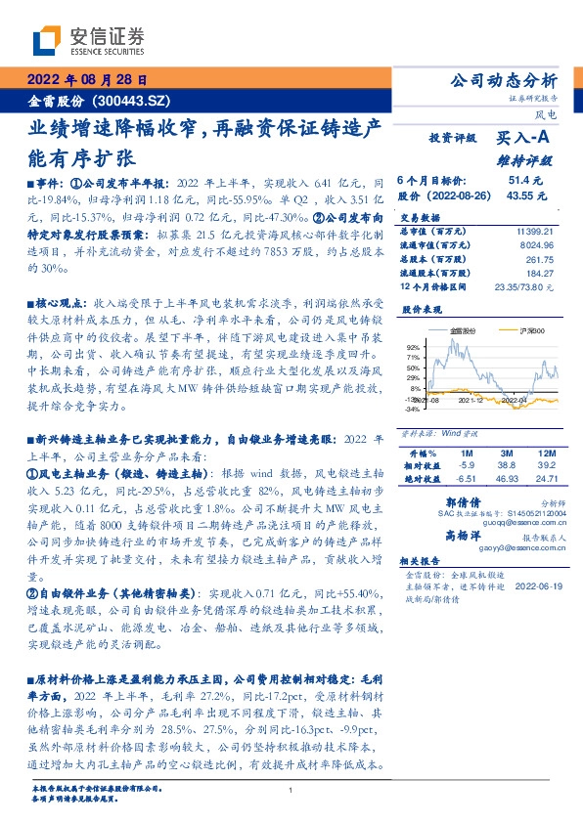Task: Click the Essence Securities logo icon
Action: tap(49, 40)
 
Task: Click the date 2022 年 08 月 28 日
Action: tap(85, 81)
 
